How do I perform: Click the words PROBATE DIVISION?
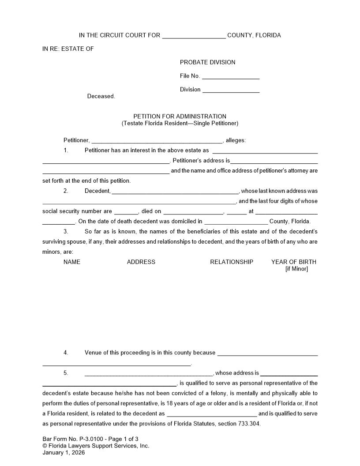pyautogui.click(x=207, y=62)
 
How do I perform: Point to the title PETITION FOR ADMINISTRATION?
pyautogui.click(x=180, y=116)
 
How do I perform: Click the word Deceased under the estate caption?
pyautogui.click(x=101, y=96)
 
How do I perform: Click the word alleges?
pyautogui.click(x=235, y=140)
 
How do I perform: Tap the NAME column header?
pyautogui.click(x=72, y=262)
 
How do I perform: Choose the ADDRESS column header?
pyautogui.click(x=141, y=262)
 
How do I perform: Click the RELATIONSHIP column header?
pyautogui.click(x=232, y=262)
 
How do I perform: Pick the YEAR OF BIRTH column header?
pyautogui.click(x=293, y=262)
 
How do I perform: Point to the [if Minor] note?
pyautogui.click(x=296, y=269)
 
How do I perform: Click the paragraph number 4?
pyautogui.click(x=66, y=353)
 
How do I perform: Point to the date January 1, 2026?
pyautogui.click(x=64, y=452)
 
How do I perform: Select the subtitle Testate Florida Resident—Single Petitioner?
pyautogui.click(x=180, y=124)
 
